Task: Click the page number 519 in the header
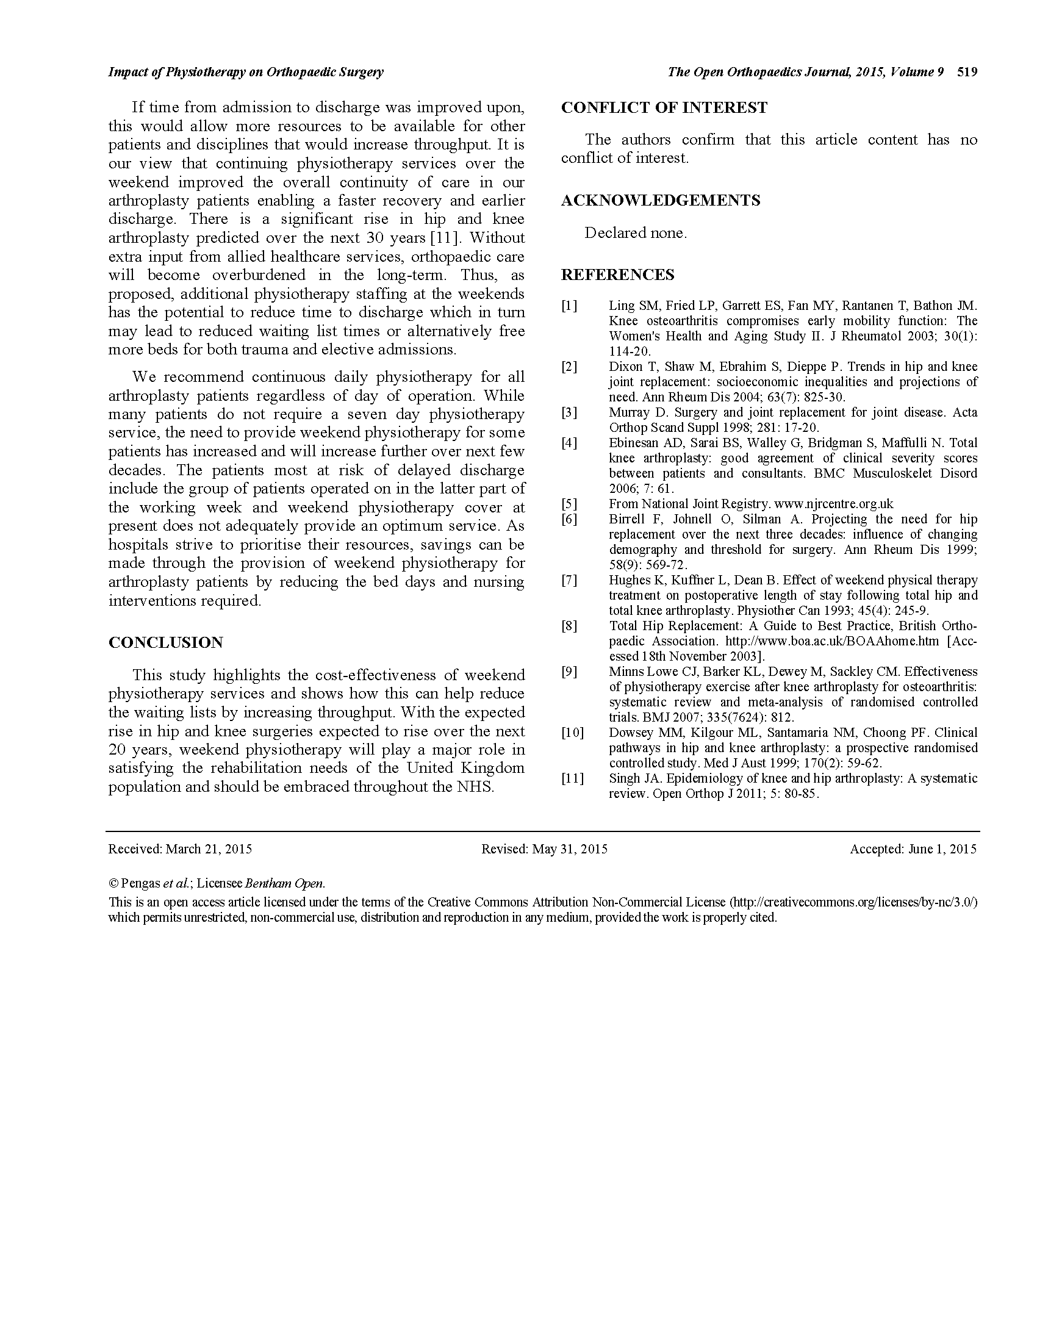tap(966, 73)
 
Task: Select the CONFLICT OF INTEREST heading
tap(664, 108)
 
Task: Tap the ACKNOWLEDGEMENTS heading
tap(661, 201)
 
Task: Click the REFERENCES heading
tap(617, 275)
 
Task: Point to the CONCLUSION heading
tap(166, 643)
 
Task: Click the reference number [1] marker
tap(569, 306)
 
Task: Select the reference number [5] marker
tap(569, 504)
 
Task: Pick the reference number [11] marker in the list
tap(573, 779)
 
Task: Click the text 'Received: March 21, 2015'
tap(180, 849)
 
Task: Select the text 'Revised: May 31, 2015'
tap(544, 849)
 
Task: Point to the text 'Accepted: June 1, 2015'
tap(913, 849)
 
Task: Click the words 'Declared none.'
tap(635, 234)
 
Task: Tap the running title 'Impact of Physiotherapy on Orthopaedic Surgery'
tap(246, 73)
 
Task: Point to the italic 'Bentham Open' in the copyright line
tap(284, 884)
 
